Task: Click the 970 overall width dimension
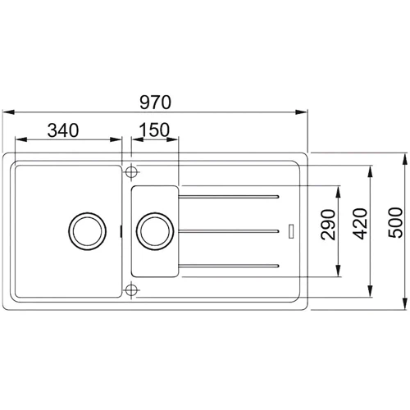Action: click(x=155, y=103)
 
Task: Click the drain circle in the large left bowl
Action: click(x=86, y=230)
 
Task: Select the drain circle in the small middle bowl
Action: click(x=154, y=230)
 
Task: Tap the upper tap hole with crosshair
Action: click(x=130, y=173)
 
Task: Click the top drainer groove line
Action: click(x=232, y=196)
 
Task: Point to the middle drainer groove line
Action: click(x=232, y=230)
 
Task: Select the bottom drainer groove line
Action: click(x=232, y=264)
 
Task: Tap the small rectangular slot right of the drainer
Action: click(x=292, y=230)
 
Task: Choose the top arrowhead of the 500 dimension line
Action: click(x=404, y=157)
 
